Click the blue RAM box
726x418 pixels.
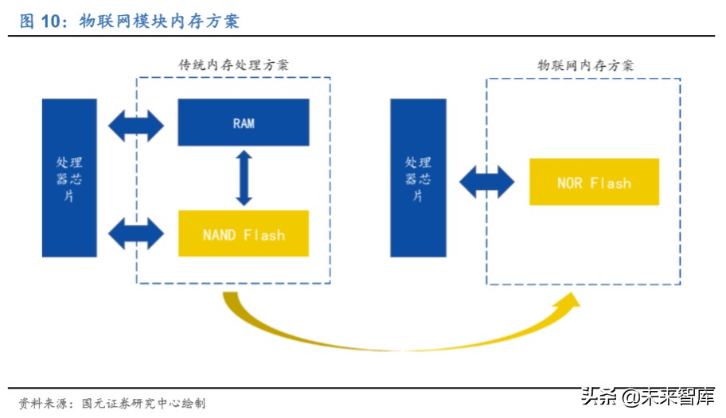[243, 122]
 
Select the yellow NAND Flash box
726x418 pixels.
[243, 234]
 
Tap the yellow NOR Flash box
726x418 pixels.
[594, 182]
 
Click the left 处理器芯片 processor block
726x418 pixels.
[69, 177]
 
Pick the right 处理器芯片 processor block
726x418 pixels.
[417, 177]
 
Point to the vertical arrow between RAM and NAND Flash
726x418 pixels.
[244, 178]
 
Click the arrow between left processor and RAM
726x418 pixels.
[136, 124]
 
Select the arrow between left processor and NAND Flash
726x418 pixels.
[136, 233]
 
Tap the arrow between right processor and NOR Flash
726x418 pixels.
[486, 182]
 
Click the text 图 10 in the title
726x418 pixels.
[40, 21]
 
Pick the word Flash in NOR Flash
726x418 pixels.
[611, 183]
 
